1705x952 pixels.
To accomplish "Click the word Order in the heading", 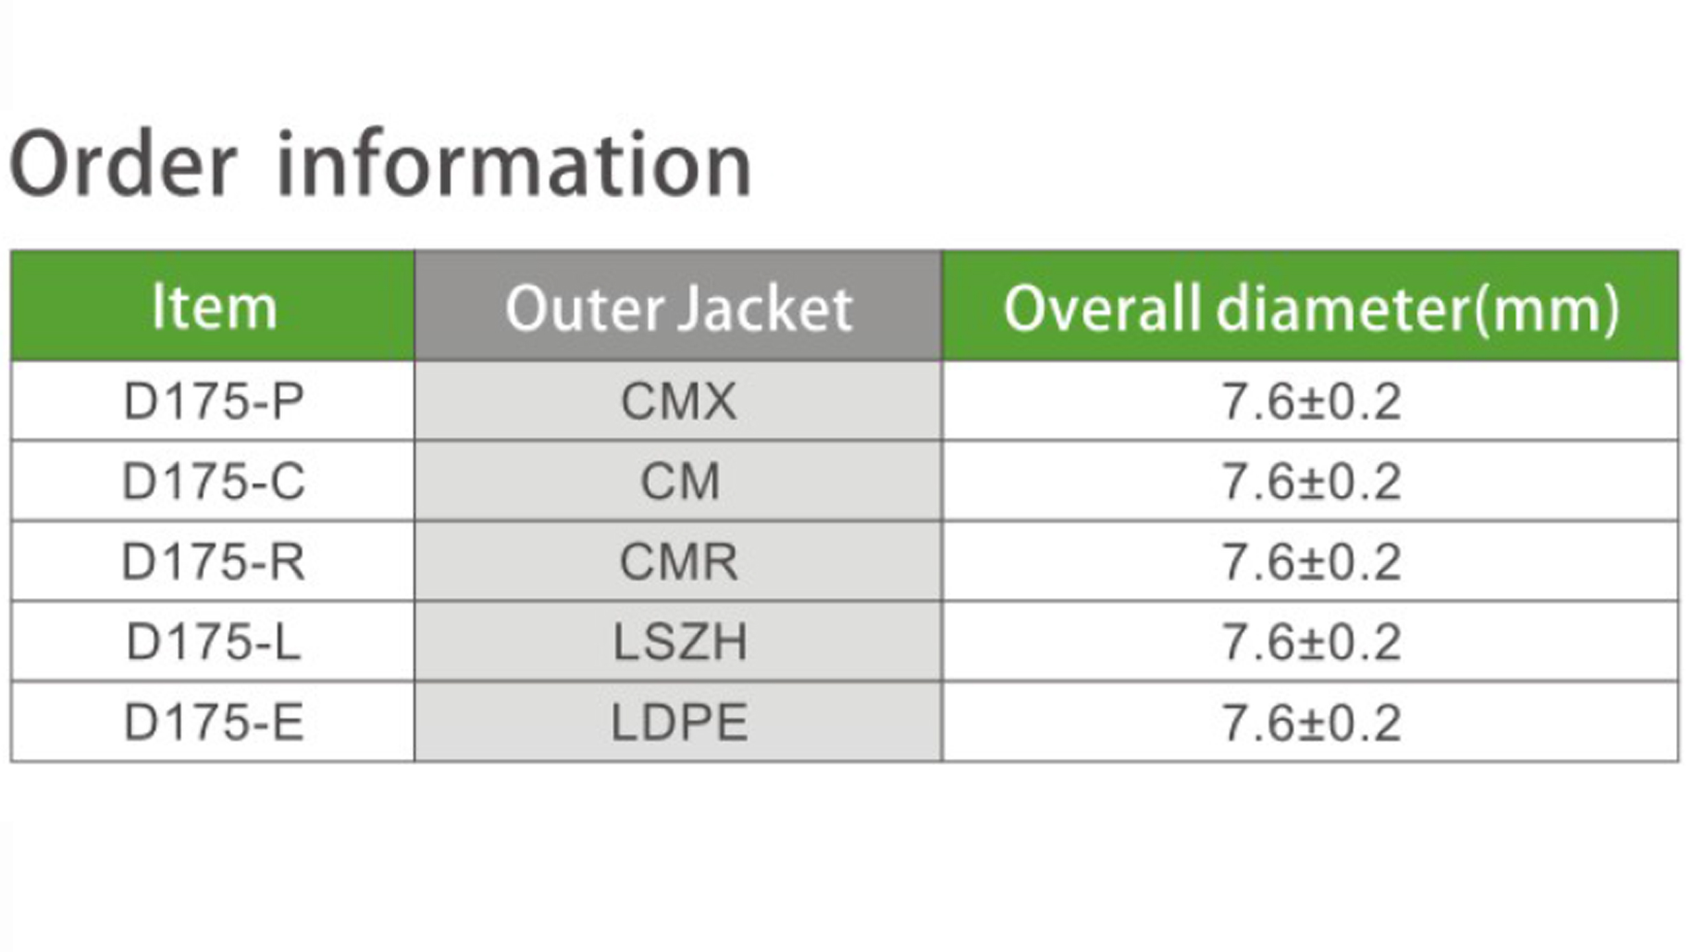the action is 124,164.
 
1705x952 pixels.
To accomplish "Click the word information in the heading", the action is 514,164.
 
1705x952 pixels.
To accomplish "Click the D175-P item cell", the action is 213,401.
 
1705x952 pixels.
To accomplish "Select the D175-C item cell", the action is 213,480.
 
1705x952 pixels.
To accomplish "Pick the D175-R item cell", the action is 213,561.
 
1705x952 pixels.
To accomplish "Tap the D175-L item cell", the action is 213,641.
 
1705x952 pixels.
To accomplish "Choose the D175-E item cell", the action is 213,722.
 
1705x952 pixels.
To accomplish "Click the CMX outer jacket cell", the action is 679,401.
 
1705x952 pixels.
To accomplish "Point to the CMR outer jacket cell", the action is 679,561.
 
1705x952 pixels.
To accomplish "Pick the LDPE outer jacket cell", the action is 679,722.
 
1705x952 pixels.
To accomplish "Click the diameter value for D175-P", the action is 1311,401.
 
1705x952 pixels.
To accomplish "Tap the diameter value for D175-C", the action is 1311,480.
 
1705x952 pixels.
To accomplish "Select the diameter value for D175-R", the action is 1311,561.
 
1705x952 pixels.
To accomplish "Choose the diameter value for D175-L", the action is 1311,641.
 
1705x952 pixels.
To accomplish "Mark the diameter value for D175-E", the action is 1311,722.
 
